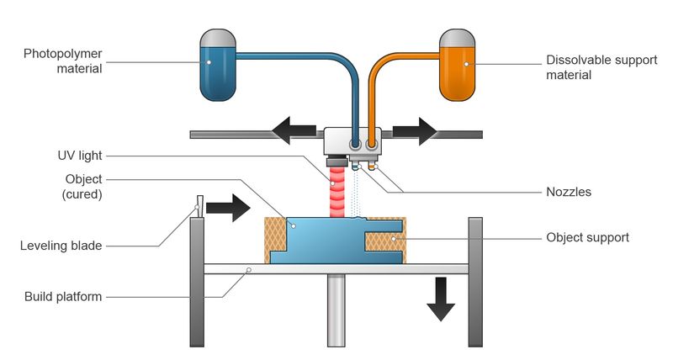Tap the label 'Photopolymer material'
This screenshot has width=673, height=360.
click(63, 61)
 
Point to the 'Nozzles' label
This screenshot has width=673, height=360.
click(569, 192)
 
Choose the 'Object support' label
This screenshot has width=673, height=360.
click(587, 237)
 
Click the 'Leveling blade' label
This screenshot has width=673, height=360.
click(61, 246)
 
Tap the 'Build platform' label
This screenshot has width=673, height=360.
click(63, 296)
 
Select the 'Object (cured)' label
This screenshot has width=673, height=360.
click(83, 186)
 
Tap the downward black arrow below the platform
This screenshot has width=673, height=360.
click(439, 300)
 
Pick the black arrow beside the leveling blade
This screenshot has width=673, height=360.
click(228, 207)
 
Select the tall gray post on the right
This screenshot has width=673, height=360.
click(475, 282)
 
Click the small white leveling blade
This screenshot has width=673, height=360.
click(200, 206)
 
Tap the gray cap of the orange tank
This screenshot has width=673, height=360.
click(458, 38)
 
